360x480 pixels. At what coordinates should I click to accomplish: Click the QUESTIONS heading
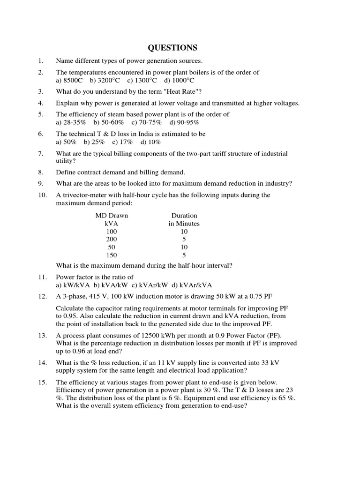pos(172,48)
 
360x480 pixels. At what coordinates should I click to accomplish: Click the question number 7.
pos(41,153)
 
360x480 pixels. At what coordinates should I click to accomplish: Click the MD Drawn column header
pos(112,215)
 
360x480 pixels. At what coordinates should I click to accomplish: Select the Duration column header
pos(184,215)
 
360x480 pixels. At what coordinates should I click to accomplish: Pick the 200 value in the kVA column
pos(112,239)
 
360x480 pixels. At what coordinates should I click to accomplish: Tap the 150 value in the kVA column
pos(112,255)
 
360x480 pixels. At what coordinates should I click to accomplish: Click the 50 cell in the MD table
pos(112,247)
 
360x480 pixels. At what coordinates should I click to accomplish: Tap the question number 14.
pos(42,362)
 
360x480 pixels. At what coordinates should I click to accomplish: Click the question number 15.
pos(42,382)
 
